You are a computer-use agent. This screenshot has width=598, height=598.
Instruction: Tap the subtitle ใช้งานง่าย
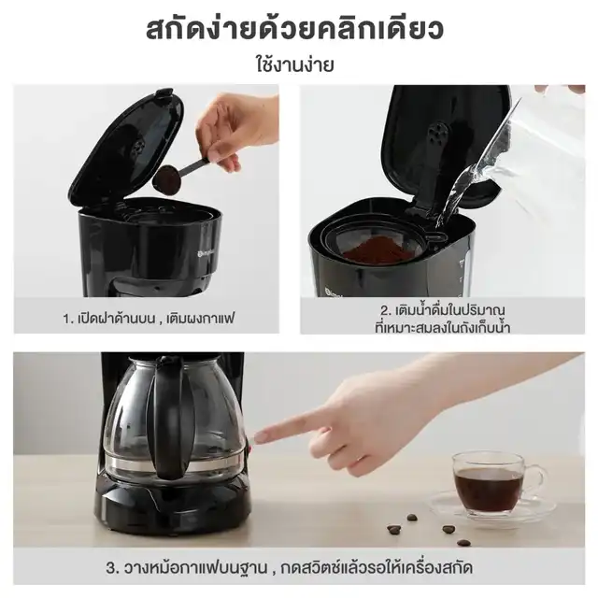pos(295,64)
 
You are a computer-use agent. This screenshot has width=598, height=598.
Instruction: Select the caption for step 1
pos(149,318)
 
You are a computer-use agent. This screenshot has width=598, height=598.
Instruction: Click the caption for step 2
pos(442,319)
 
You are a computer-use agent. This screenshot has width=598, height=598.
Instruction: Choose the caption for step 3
pos(289,568)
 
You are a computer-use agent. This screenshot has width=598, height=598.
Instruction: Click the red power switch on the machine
pos(250,446)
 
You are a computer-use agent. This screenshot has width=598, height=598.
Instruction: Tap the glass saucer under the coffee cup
pos(492,507)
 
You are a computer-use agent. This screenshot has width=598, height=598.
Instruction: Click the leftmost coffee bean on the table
pos(394,529)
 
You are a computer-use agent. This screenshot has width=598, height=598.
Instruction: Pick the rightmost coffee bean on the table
pos(463,543)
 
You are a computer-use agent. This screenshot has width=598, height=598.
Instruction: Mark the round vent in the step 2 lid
pos(437,133)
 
